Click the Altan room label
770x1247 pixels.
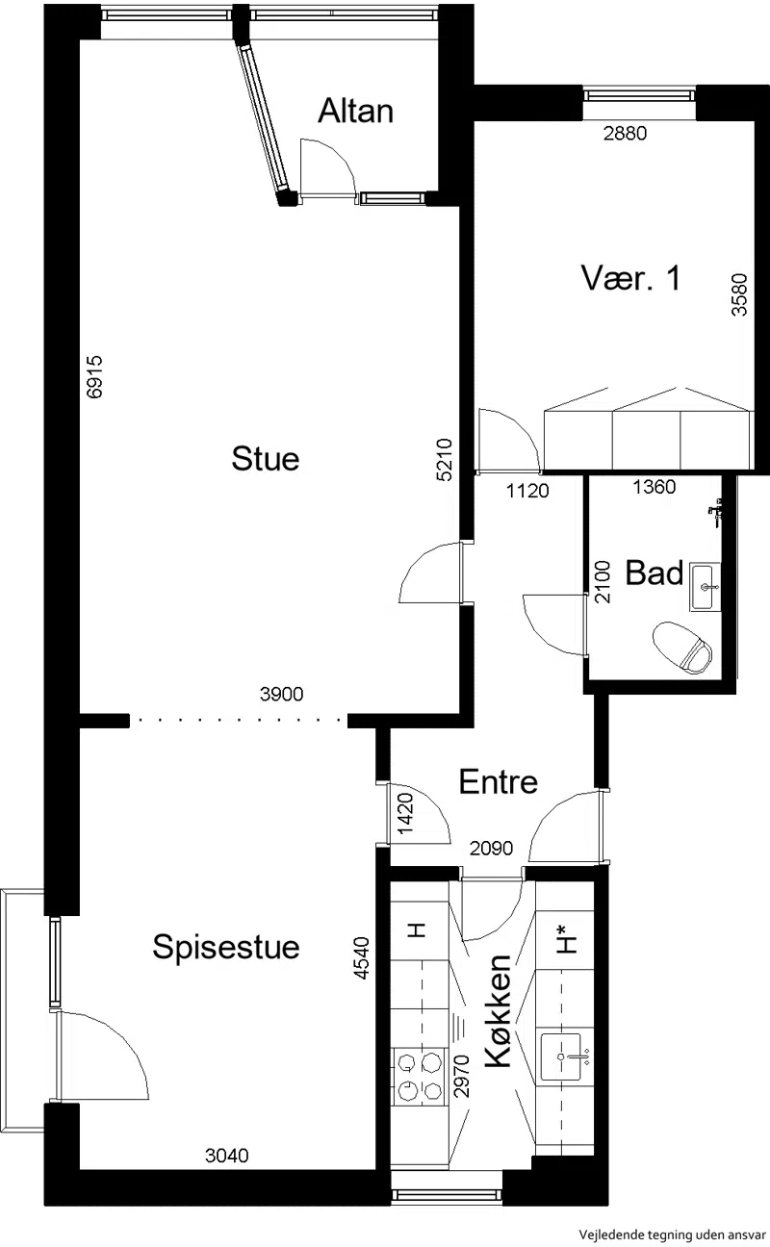pos(356,111)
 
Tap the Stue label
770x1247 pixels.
pos(266,459)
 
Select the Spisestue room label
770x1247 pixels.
pos(226,947)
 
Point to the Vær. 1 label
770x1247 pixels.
pos(630,278)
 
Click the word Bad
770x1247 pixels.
pos(654,573)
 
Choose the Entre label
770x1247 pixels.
pos(499,781)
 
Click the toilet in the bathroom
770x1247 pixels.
pos(682,648)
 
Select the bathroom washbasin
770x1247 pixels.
pos(705,587)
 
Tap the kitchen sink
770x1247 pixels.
pos(563,1056)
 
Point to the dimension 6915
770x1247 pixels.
pos(94,377)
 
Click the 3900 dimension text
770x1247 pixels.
pos(282,694)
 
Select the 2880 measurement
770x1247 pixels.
pos(626,133)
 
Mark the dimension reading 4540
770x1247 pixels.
pos(361,958)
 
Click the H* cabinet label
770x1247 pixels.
pos(567,938)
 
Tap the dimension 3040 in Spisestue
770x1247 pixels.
pos(226,1156)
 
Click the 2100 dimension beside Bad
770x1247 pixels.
pos(603,582)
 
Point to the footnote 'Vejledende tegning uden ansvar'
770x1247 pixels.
pos(672,1234)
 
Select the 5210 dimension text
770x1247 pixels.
pos(444,460)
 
